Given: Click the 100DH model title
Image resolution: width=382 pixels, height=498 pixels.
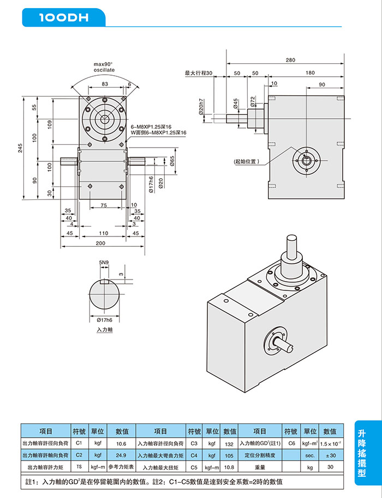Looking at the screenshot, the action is point(64,17).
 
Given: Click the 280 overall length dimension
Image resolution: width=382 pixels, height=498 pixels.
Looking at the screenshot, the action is point(290,60).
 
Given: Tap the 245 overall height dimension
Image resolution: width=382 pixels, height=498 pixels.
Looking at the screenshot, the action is point(20,148).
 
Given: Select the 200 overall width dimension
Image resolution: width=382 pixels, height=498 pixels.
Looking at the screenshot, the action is point(100,244).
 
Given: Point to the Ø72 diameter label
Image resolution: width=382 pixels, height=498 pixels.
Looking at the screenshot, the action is point(253,101).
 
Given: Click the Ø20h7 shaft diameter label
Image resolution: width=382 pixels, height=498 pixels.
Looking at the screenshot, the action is point(201,107).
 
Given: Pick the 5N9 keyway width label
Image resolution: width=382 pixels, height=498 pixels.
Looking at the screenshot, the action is point(104,262).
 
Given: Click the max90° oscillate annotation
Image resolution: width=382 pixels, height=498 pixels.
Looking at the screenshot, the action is point(104,67).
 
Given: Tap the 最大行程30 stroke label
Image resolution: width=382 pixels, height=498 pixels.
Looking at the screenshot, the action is point(199,73).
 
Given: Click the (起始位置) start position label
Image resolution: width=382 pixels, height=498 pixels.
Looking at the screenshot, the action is point(247,161).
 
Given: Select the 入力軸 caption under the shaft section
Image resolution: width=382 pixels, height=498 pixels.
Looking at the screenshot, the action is point(105,330).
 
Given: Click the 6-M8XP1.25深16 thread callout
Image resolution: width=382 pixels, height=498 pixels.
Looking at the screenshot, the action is point(151,127).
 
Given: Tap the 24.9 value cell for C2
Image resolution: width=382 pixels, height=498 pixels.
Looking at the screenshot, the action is point(121,455).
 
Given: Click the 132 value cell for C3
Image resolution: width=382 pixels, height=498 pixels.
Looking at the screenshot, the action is point(229,444).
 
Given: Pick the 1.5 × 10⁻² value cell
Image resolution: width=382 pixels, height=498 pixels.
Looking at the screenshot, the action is point(331,444).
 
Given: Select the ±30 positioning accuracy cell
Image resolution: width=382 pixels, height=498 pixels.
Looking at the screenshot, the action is point(331,456).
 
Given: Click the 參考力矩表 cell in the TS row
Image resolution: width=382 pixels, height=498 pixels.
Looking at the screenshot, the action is point(121,467).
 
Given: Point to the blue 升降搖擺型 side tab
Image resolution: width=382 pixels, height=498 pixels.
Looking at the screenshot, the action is point(368,453).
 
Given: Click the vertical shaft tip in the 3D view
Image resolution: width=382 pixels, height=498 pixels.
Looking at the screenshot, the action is point(292,238).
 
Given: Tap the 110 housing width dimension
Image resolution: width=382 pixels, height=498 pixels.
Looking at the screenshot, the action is point(104,233).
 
